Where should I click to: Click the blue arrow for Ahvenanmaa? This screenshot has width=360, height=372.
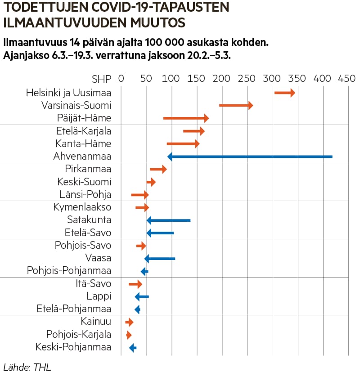250,157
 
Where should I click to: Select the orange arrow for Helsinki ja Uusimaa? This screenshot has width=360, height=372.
284,93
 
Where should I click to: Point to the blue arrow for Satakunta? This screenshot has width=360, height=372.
169,220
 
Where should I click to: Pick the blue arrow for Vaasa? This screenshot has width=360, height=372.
160,259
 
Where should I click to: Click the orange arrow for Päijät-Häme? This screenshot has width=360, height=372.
186,118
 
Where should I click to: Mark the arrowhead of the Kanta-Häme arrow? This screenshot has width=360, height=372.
197,144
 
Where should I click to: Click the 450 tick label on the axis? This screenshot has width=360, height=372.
346,79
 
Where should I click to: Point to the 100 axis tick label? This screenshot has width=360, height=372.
171,79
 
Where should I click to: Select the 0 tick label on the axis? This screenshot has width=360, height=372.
121,79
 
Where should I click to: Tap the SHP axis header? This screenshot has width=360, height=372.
101,79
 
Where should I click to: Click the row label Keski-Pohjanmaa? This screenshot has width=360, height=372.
73,347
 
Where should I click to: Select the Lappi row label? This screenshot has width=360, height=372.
99,296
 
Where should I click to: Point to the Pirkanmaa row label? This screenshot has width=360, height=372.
88,169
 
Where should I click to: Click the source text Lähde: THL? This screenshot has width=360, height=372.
27,366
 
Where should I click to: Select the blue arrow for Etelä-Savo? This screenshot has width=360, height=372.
160,233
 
